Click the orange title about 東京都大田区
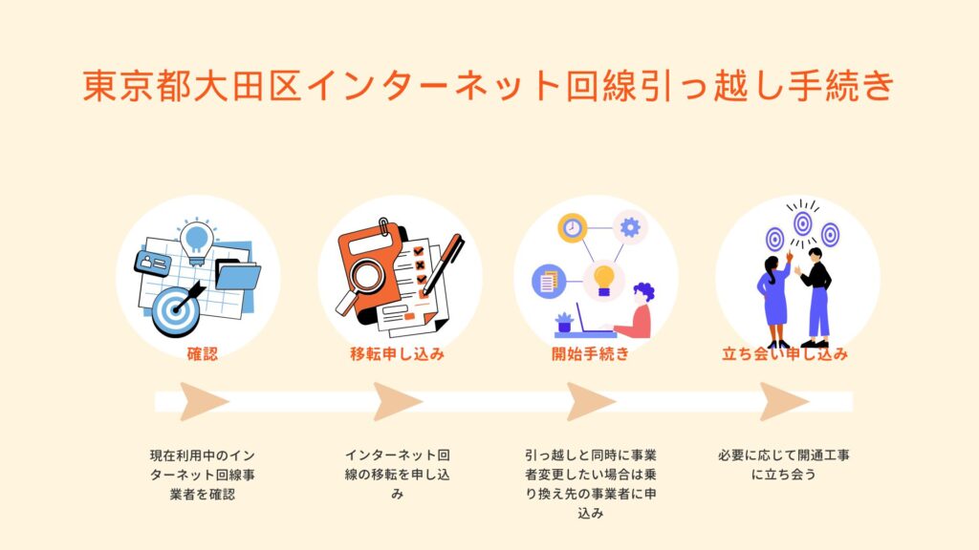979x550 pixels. click(489, 85)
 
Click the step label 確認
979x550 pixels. click(203, 354)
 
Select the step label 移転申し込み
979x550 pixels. click(397, 354)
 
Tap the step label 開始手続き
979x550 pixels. click(590, 354)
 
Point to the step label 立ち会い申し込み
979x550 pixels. click(785, 354)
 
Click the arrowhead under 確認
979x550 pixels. click(204, 402)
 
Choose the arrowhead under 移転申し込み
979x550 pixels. click(397, 402)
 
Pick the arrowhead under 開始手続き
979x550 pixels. click(591, 402)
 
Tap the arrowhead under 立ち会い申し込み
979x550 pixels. click(784, 402)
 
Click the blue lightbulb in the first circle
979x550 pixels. click(197, 240)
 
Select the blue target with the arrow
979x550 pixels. click(176, 309)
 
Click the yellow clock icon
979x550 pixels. click(573, 227)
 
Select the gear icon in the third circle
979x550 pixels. click(630, 227)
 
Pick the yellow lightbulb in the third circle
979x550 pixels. click(603, 280)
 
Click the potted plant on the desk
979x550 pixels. click(564, 323)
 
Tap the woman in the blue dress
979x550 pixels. click(775, 299)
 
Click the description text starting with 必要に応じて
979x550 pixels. click(784, 465)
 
